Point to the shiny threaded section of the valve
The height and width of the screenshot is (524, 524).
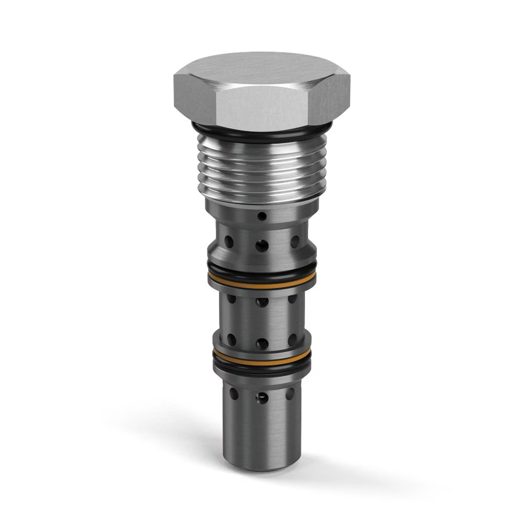point(262,168)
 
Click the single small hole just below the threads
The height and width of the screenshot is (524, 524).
point(262,216)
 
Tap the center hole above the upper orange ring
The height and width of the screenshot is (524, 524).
point(262,245)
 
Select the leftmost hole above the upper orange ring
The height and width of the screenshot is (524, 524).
point(228,242)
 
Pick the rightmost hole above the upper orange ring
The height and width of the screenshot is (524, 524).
point(295,242)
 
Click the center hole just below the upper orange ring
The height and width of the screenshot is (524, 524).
point(261,302)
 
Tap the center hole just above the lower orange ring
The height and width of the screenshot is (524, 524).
point(261,344)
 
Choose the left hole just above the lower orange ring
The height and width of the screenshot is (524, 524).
point(231,340)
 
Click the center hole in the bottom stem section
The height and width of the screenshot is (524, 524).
point(261,398)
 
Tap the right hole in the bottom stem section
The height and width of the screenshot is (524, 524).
point(290,394)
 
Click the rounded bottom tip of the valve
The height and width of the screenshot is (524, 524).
point(262,464)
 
